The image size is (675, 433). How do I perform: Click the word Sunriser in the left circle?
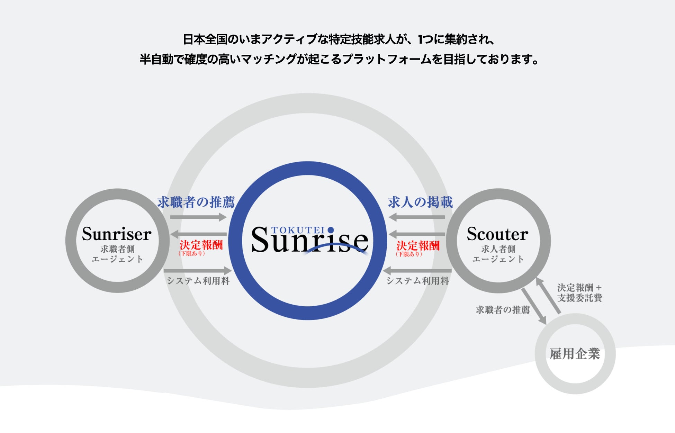pos(117,234)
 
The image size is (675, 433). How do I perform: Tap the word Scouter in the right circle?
pos(497,234)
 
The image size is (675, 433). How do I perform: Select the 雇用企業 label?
pos(575,354)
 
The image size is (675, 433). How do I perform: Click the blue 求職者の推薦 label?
pos(196,202)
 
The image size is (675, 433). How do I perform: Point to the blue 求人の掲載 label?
pos(420,202)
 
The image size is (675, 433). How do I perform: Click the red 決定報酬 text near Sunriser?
pos(201,245)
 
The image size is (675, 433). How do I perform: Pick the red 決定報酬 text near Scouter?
pos(418,246)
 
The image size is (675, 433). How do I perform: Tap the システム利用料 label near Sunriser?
pos(198,281)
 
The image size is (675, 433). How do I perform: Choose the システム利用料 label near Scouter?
pos(418,281)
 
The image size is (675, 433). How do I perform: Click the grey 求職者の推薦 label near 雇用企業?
pos(503,310)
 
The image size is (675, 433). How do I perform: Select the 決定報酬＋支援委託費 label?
pos(579,293)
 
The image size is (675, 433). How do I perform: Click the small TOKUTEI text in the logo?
pos(298,230)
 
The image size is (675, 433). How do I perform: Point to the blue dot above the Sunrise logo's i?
pos(331,230)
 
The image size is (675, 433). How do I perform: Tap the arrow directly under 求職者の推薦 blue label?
pos(198,217)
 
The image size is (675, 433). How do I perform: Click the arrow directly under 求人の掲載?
pos(417,217)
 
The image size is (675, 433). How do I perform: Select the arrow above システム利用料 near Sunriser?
pos(198,270)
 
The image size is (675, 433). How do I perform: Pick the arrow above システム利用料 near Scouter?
pos(417,270)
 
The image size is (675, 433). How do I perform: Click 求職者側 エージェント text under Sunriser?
pos(117,254)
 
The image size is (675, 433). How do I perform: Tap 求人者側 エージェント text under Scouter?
pos(498,254)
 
